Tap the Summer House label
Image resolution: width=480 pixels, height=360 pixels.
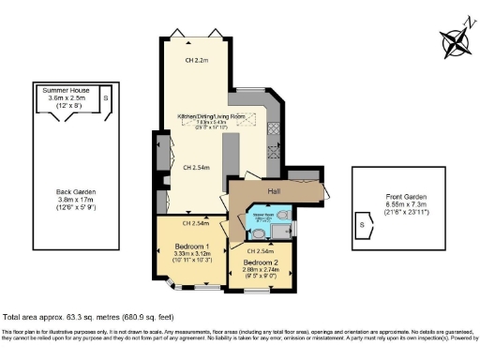pos(65,89)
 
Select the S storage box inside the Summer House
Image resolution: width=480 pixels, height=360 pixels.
pos(106,97)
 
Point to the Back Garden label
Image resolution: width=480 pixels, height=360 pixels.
pos(76,190)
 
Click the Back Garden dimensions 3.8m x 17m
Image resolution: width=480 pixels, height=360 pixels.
pos(76,199)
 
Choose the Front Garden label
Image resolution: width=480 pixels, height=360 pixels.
pos(410,197)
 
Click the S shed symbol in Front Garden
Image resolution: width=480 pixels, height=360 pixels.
pos(362,225)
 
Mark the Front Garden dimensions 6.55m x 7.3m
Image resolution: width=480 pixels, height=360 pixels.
pos(410,205)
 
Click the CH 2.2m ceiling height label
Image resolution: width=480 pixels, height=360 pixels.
pos(196,61)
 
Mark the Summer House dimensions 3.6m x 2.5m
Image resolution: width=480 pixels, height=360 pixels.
pos(65,97)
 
